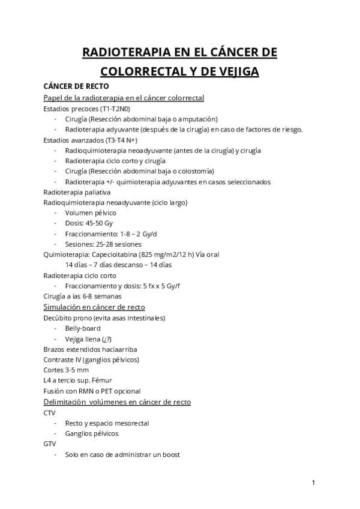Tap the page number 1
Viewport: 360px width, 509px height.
[x=314, y=482]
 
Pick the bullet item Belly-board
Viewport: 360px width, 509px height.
[x=83, y=328]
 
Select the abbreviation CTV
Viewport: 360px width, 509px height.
[x=50, y=413]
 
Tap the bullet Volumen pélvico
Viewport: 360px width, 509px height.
[x=91, y=213]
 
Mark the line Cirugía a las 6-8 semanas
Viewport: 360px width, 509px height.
[x=83, y=297]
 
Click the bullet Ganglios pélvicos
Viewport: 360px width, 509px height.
[x=92, y=433]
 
